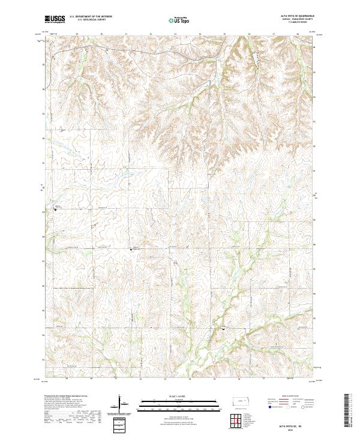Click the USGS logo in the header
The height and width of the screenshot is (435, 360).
[x=55, y=19]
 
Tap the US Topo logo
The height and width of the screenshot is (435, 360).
[x=179, y=20]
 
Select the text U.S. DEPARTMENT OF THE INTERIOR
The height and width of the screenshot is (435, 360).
[x=91, y=16]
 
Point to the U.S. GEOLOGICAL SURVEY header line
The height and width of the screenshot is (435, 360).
[x=91, y=20]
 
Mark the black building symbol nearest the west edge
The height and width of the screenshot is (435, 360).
[x=55, y=209]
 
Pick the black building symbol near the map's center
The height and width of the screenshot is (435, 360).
[x=133, y=248]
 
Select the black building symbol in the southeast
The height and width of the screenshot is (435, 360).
[x=224, y=329]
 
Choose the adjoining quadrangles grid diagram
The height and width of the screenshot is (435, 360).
[x=238, y=420]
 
